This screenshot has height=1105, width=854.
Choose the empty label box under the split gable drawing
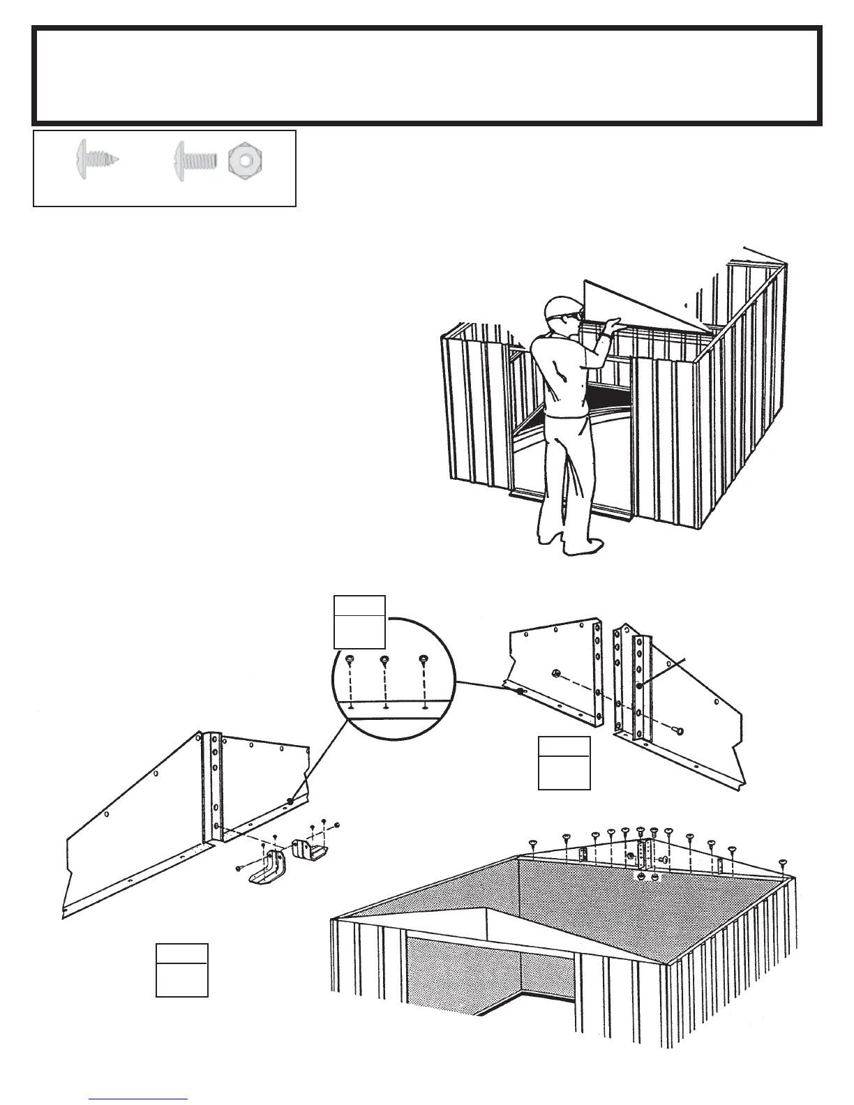[x=564, y=762]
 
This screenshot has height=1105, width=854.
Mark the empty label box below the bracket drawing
[x=181, y=970]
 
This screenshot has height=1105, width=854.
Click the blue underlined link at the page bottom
[x=138, y=1099]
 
